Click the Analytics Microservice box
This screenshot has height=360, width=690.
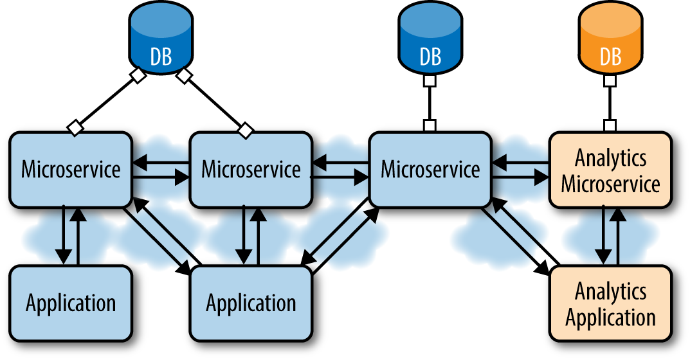pos(610,170)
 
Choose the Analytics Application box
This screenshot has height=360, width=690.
pos(610,303)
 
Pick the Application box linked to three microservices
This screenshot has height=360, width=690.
pos(251,303)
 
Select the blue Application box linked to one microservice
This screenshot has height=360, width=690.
pos(71,303)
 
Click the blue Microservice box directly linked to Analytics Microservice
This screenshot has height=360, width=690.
pos(430,170)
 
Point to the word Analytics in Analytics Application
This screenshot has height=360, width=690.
pos(610,291)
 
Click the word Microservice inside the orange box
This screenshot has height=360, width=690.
pos(610,184)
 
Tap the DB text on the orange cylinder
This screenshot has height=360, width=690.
pos(610,57)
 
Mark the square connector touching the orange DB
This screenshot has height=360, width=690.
pos(610,82)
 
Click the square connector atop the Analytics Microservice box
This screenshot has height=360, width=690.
pos(610,125)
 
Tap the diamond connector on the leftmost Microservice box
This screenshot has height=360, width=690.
pos(76,127)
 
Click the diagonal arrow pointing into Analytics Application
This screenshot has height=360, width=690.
pos(514,241)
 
